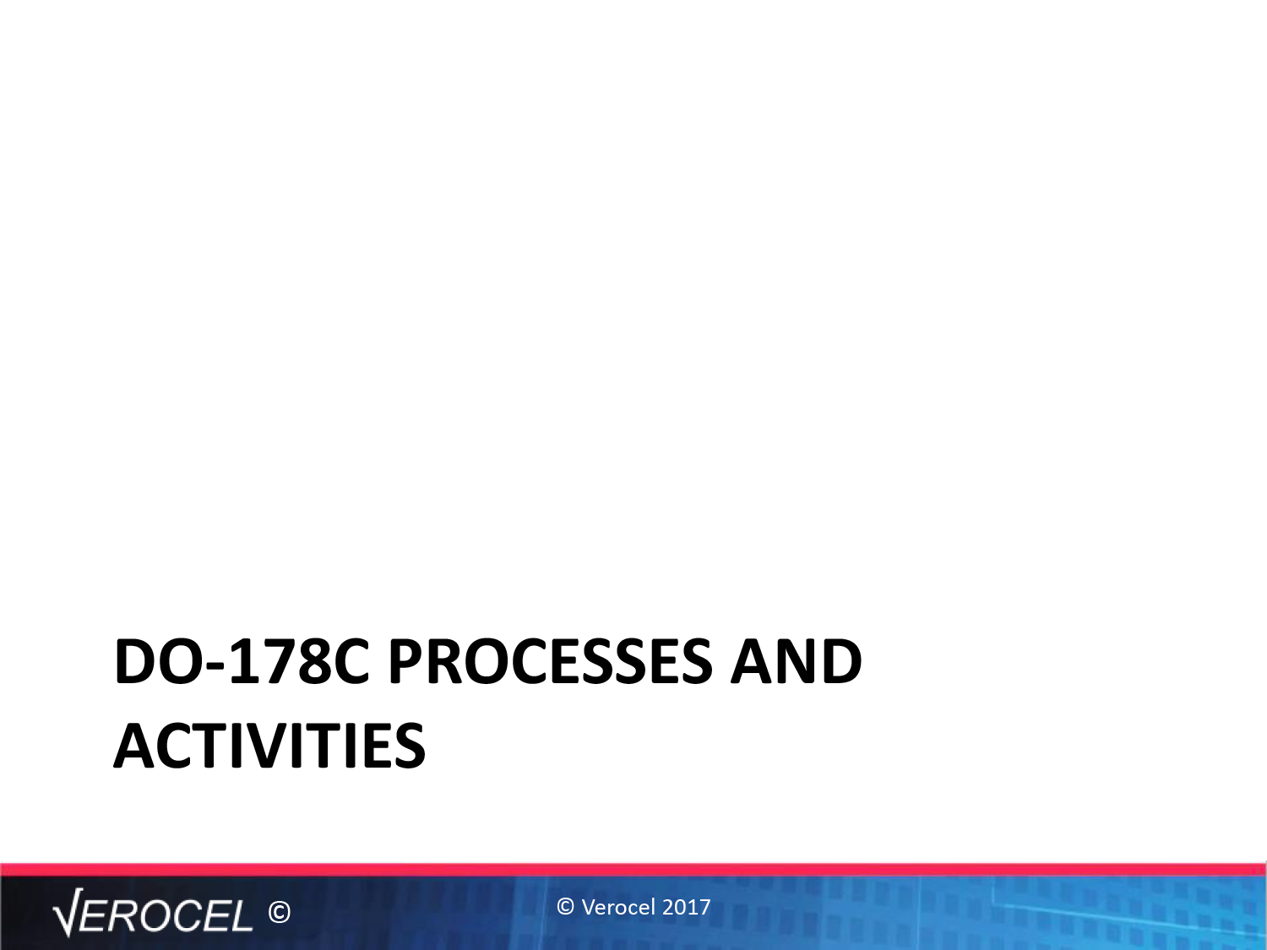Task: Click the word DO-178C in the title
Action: (x=242, y=661)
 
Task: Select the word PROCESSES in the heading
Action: (x=551, y=661)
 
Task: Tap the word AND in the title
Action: (x=796, y=661)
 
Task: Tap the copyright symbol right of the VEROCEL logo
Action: (x=280, y=913)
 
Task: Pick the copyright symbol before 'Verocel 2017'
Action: (x=566, y=907)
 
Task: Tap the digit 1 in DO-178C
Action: (x=240, y=661)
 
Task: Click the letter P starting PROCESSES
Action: (x=406, y=661)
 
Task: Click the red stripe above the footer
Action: (x=633, y=870)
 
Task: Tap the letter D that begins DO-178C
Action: (x=135, y=661)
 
